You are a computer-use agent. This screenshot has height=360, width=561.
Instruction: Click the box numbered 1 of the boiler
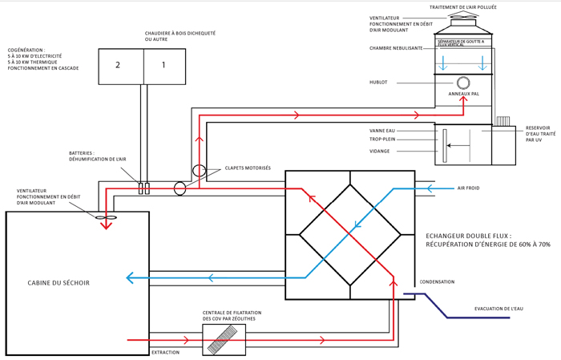164,66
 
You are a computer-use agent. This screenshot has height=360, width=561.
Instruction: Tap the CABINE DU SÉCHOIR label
59,283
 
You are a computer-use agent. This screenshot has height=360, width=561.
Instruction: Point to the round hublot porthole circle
463,83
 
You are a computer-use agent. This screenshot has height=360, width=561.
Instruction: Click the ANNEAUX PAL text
463,94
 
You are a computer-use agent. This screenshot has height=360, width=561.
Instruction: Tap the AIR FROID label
468,188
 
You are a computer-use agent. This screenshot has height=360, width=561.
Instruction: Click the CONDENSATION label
437,282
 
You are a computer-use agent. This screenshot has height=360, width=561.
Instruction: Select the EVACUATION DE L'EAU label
498,309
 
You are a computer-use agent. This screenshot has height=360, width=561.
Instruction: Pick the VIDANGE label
380,151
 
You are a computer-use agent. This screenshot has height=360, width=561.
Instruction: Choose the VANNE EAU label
381,130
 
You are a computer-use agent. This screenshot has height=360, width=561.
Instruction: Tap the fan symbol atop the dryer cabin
106,216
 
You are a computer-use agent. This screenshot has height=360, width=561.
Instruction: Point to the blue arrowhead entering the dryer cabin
130,278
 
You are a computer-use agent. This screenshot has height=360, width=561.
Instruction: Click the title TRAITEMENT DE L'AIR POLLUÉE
462,7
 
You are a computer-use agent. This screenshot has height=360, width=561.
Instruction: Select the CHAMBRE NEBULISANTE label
396,48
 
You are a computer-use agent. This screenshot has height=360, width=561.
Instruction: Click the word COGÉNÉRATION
26,49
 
